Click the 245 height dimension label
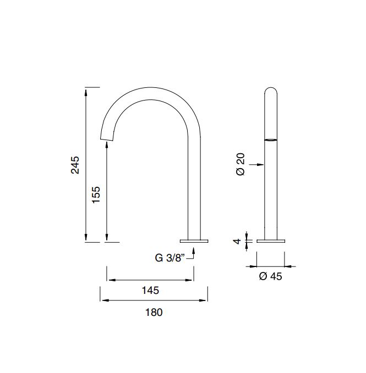[x=75, y=165]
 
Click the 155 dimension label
[x=96, y=194]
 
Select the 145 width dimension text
[x=150, y=290]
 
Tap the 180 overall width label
[x=154, y=312]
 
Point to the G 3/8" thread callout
[x=170, y=258]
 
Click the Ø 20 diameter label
[x=241, y=164]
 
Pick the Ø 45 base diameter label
[x=270, y=276]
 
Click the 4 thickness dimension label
[x=237, y=241]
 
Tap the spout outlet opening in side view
[x=107, y=139]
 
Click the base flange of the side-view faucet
[x=194, y=241]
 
